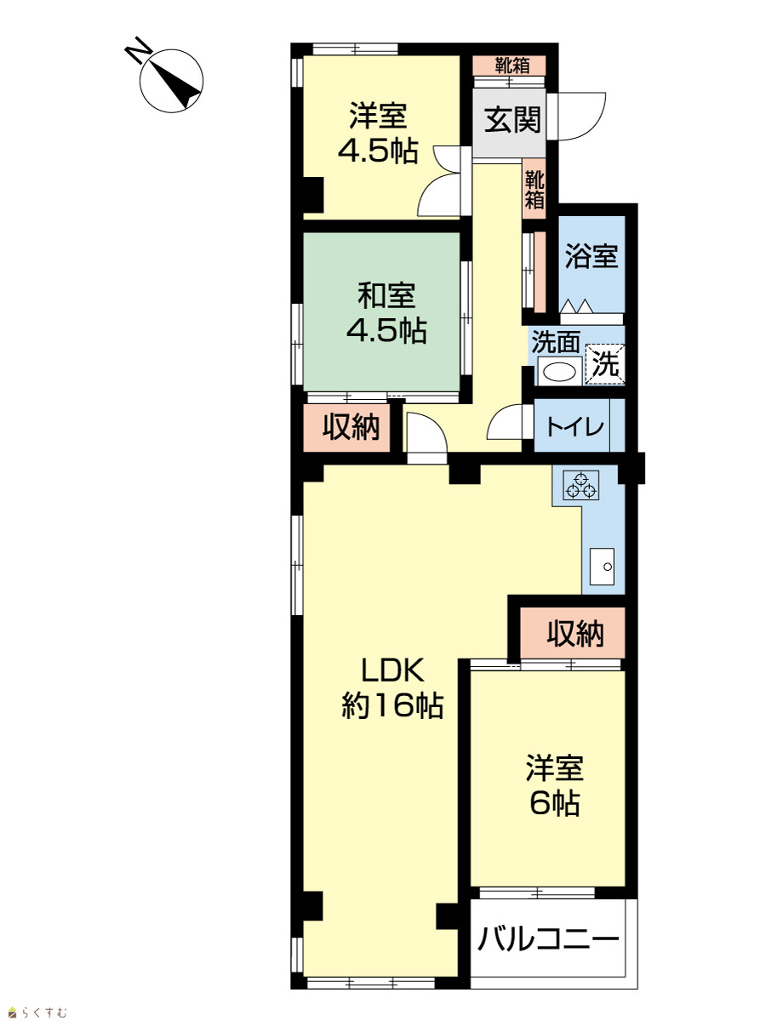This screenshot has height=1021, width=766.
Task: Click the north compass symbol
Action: [171, 81]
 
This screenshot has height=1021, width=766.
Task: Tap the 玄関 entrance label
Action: [512, 120]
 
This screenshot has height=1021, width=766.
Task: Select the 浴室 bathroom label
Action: [592, 255]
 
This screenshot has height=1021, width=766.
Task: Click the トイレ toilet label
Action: [574, 426]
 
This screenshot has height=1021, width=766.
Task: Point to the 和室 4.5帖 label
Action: [386, 313]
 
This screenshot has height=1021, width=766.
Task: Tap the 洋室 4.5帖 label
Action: [378, 133]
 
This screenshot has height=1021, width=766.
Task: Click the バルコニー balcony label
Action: [549, 939]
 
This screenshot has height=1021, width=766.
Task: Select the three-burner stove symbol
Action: [581, 485]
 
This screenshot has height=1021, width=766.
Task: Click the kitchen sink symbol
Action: [602, 566]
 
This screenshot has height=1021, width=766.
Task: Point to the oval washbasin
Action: [559, 372]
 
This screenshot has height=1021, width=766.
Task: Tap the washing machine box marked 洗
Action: [605, 364]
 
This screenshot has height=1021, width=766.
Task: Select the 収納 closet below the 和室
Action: [346, 427]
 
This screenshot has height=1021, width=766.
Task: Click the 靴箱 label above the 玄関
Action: [512, 66]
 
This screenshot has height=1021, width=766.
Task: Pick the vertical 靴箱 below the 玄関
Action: [534, 189]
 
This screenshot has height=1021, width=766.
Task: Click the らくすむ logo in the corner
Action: [38, 1012]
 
